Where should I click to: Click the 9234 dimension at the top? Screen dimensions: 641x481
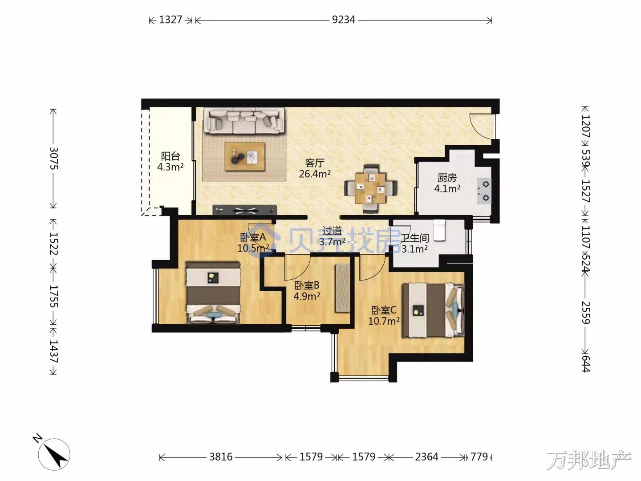click(x=343, y=20)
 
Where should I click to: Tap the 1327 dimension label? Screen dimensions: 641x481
click(x=170, y=20)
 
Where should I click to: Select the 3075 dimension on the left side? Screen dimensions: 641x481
click(x=54, y=158)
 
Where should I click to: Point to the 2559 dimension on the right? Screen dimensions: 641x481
click(x=585, y=312)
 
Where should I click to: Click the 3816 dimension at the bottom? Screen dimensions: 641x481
click(x=221, y=457)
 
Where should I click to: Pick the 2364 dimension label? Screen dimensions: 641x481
click(x=426, y=457)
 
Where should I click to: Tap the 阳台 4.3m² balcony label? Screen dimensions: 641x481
click(x=170, y=161)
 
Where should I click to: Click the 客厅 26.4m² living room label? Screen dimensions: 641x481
click(x=315, y=168)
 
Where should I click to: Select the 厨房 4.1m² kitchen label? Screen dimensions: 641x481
click(x=447, y=183)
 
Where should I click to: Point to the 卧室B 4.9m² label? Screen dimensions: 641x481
click(x=307, y=290)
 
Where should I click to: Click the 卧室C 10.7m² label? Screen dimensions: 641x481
click(x=384, y=315)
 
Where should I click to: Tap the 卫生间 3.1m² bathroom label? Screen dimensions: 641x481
click(x=414, y=243)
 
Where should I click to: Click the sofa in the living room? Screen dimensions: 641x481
click(x=244, y=120)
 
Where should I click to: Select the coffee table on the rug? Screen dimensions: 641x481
click(x=245, y=156)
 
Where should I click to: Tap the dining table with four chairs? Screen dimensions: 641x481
click(x=371, y=188)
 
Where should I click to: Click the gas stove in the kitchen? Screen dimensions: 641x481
click(x=484, y=191)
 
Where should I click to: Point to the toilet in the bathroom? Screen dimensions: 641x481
click(x=439, y=230)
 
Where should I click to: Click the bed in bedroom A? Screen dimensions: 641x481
click(x=214, y=293)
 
